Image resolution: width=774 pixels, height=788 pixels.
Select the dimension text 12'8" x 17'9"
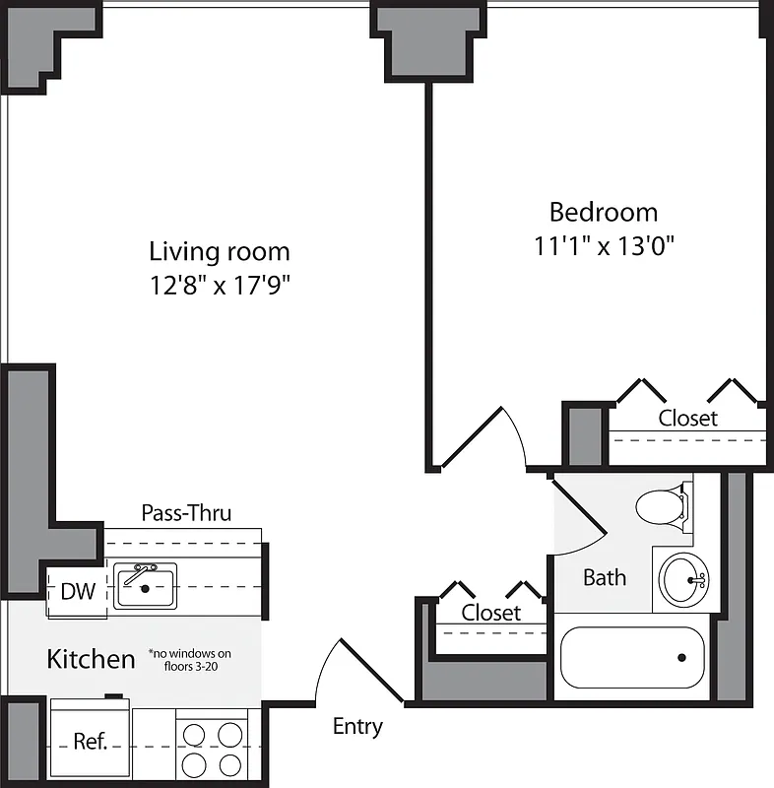pos(220,286)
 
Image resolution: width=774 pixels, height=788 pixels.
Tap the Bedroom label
pos(603,212)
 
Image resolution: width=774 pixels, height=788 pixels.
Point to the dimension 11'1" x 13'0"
pos(603,245)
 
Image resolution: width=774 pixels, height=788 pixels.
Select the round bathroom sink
pos(681,580)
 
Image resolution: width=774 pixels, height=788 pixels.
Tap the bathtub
pos(632,657)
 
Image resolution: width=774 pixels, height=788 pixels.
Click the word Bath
pos(604,577)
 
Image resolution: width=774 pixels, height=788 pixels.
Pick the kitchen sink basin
pos(145,586)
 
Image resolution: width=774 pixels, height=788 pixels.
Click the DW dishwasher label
pos(78,592)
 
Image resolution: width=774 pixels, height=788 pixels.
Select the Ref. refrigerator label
pos(90,741)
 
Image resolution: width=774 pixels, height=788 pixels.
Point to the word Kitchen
pos(91,659)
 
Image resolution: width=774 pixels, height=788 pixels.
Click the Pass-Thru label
pos(186,512)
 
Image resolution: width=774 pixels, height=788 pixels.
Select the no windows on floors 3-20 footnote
pos(190,659)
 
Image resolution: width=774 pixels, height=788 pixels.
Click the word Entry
pos(357,727)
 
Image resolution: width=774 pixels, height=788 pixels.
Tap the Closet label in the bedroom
pos(688,418)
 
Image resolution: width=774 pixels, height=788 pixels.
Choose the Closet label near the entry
pos(491,612)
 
